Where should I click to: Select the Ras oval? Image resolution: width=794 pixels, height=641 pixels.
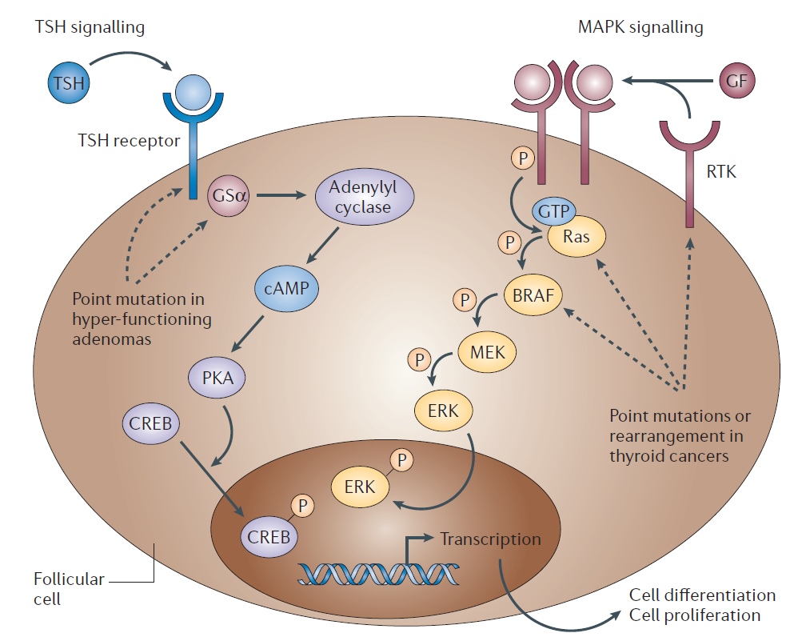(576, 237)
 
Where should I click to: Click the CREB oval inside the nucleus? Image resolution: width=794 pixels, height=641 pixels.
(269, 535)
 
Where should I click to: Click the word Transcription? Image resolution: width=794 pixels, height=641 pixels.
(490, 539)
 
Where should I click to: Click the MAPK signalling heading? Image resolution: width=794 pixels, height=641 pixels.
(640, 27)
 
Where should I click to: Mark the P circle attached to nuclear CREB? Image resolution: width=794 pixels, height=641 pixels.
(301, 505)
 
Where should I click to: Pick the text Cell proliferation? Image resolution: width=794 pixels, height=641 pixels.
(694, 615)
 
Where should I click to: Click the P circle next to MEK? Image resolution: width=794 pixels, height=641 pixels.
(419, 359)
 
